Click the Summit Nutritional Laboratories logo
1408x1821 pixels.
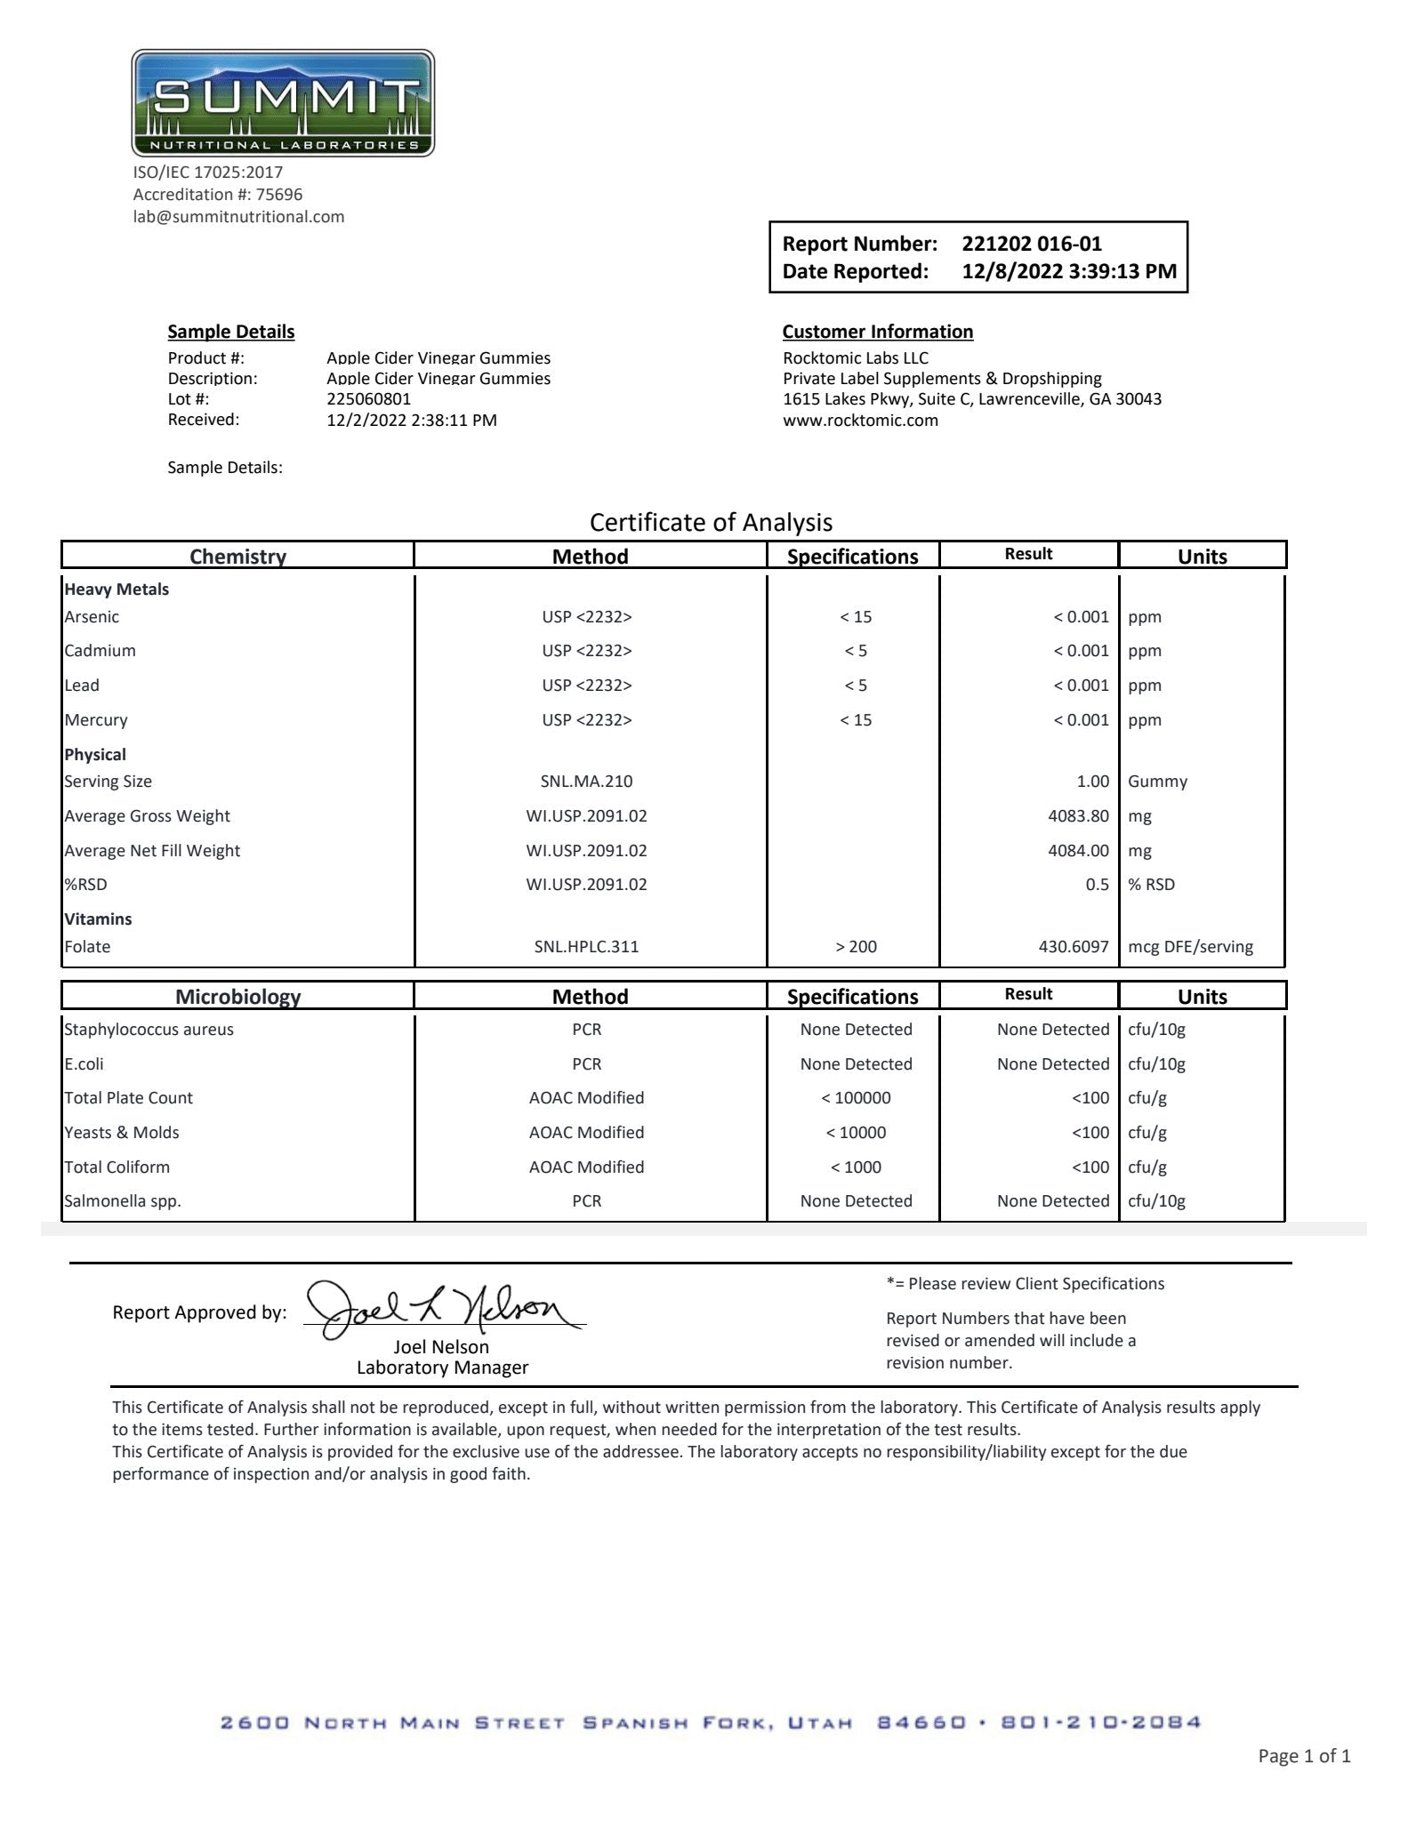point(283,103)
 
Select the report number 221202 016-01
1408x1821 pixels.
point(1031,244)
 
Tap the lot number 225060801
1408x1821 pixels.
point(368,399)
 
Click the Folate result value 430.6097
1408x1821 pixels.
point(1073,947)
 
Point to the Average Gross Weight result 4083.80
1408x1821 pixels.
point(1078,816)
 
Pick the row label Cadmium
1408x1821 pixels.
point(100,651)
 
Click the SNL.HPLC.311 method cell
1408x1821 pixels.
point(586,947)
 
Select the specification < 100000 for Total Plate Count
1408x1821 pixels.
point(856,1098)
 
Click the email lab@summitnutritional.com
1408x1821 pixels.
point(238,217)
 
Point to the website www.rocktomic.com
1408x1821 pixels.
point(860,421)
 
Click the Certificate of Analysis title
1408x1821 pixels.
point(711,522)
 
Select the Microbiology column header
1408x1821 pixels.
point(237,997)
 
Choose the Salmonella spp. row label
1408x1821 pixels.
point(122,1201)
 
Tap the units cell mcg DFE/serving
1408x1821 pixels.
point(1190,947)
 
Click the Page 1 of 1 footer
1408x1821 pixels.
point(1303,1756)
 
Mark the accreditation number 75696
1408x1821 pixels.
point(278,195)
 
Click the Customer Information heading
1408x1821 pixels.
point(877,332)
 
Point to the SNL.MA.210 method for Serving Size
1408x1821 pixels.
point(586,782)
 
